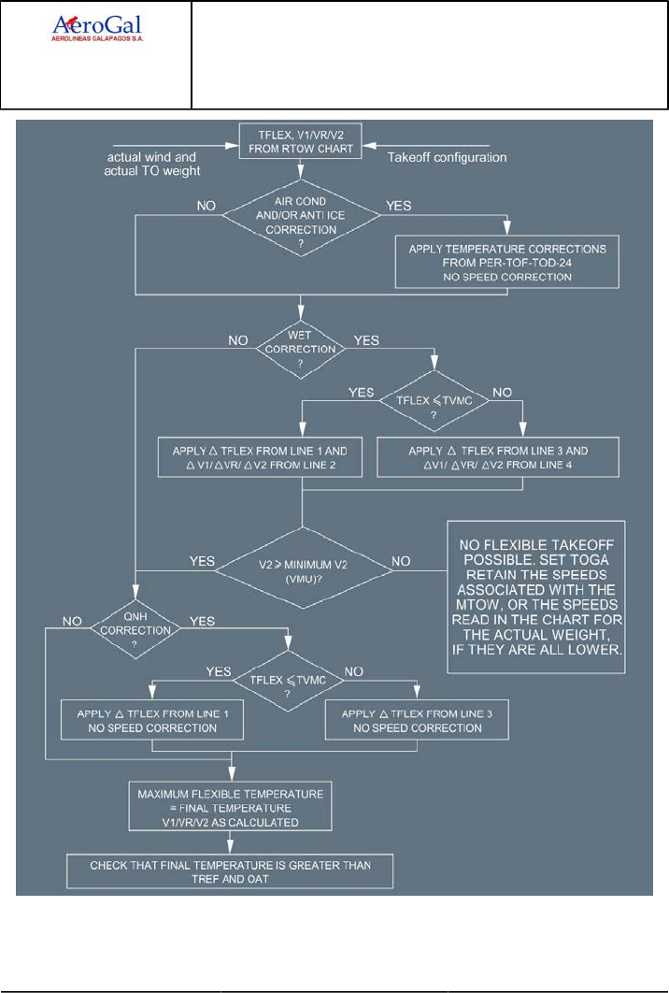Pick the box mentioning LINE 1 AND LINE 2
tap(260, 456)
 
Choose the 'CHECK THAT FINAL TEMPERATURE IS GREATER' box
tap(230, 871)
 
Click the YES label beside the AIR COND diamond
tap(399, 202)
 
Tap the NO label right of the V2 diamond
tap(403, 561)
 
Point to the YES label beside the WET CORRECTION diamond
tap(365, 340)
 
